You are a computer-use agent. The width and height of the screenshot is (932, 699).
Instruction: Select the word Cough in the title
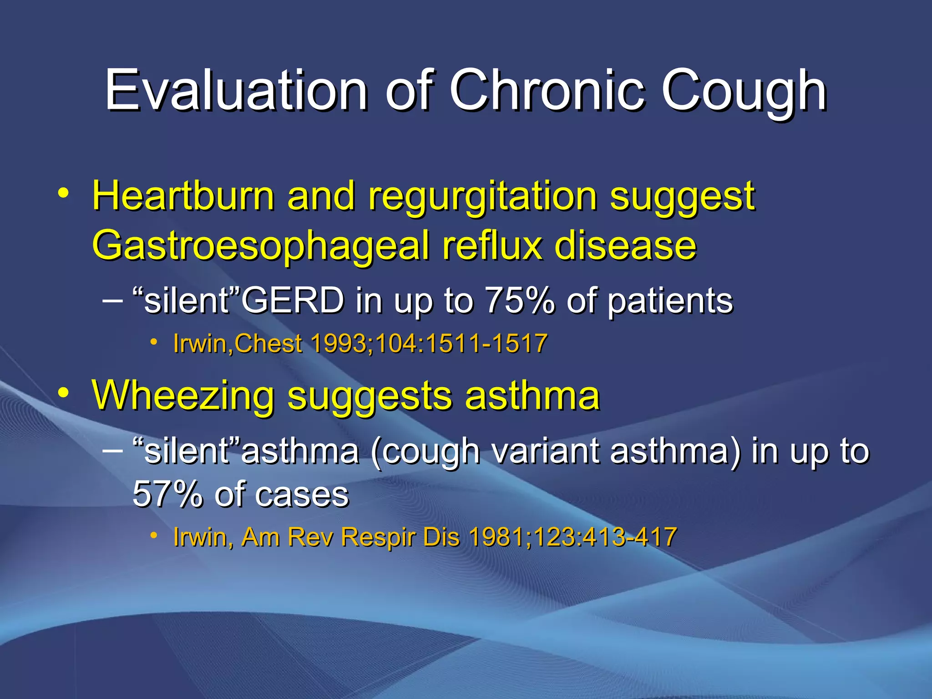(x=744, y=91)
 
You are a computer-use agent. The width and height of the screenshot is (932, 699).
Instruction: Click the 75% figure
(x=520, y=301)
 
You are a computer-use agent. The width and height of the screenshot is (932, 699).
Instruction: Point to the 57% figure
(x=167, y=494)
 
